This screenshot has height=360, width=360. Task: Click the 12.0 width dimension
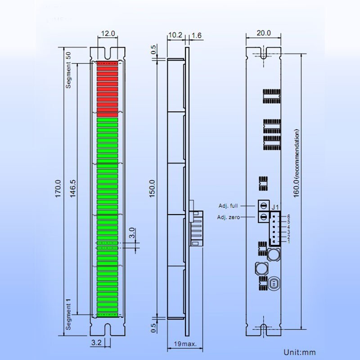pos(108,33)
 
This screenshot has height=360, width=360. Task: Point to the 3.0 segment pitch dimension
pos(132,233)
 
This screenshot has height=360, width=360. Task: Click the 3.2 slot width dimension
pos(96,343)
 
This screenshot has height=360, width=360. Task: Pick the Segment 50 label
pos(69,70)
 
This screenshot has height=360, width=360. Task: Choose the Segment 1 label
pos(69,316)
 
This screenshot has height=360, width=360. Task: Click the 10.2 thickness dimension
pos(175,35)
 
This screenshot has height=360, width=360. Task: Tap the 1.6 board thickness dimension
pos(196,35)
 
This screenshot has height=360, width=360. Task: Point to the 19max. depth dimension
pos(184,344)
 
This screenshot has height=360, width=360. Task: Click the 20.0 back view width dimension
pos(264,33)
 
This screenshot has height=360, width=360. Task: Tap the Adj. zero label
pos(229,217)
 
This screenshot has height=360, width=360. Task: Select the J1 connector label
pos(276,207)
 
